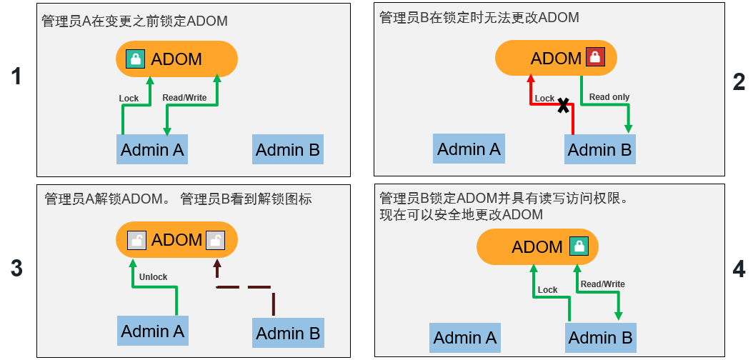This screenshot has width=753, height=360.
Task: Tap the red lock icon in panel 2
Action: pos(595,58)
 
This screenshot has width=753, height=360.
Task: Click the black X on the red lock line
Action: pos(564,106)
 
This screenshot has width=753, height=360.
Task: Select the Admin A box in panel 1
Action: pos(152,150)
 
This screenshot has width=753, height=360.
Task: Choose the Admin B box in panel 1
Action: pos(288,150)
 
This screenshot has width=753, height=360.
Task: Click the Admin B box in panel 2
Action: pos(600,150)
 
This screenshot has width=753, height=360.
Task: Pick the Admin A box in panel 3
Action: pos(153,331)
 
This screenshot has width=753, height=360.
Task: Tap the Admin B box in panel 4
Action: pos(601,338)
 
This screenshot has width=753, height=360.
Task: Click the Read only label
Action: pos(609,97)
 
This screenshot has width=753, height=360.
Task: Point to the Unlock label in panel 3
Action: pos(153,277)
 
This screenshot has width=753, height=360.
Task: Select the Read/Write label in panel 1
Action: pos(184,98)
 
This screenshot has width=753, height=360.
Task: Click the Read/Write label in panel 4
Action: pos(602,284)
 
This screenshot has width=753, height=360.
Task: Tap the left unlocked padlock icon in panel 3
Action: pos(136,240)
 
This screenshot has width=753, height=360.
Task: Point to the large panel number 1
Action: pos(16,77)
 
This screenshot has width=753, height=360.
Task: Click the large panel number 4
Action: pos(739,269)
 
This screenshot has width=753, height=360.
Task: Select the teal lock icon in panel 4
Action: pos(579,247)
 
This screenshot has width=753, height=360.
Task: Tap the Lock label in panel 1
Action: pos(129,99)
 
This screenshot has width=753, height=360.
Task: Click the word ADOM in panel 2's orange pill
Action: pos(556,58)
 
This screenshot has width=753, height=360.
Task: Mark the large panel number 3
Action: pos(16,269)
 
